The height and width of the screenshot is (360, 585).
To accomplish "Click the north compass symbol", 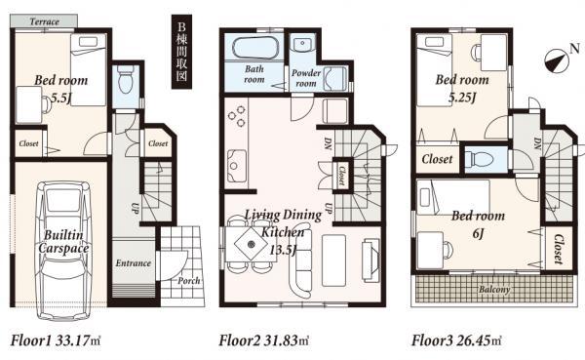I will pyautogui.click(x=557, y=60).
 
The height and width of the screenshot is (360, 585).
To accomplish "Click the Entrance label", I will pyautogui.click(x=133, y=263).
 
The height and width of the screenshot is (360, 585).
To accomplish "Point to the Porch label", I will pyautogui.click(x=189, y=282).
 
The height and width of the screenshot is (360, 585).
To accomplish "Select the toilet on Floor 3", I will pyautogui.click(x=477, y=158).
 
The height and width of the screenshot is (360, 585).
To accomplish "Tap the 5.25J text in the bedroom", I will pyautogui.click(x=461, y=98).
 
